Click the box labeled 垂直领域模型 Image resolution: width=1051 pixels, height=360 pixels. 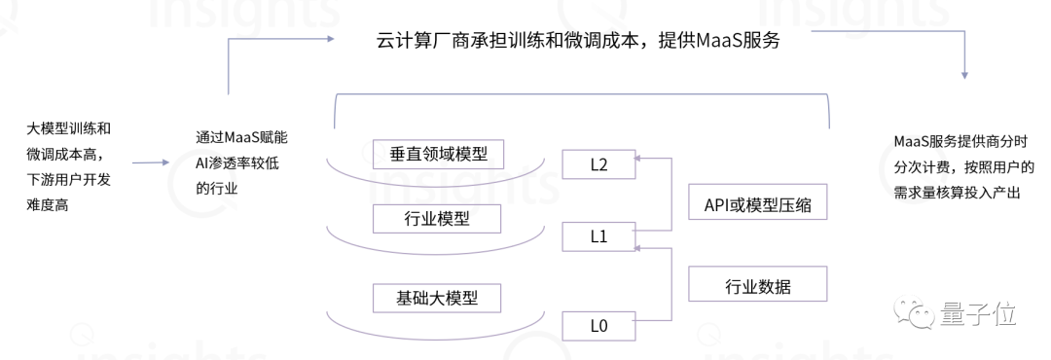[438, 155]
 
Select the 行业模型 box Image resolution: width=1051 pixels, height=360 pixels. [438, 219]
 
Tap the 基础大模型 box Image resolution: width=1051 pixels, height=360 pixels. [438, 297]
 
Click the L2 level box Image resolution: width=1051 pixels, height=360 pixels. [598, 164]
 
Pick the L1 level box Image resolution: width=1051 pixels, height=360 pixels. [598, 235]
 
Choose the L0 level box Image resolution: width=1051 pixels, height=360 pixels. [598, 326]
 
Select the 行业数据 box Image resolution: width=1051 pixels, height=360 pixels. [758, 286]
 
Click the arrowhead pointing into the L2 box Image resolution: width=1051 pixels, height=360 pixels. [638, 155]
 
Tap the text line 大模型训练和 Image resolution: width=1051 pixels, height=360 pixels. [68, 128]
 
